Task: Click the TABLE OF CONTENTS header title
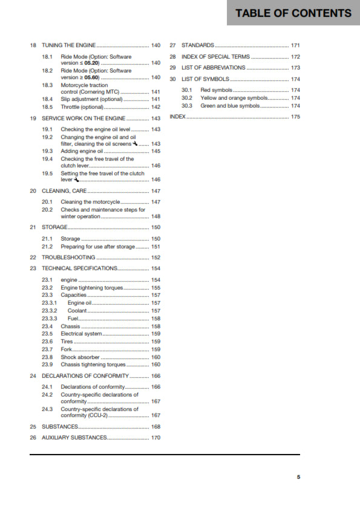click(x=293, y=13)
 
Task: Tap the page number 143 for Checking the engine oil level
click(x=155, y=130)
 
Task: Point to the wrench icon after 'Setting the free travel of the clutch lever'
click(x=76, y=180)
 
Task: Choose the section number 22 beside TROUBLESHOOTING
click(x=33, y=258)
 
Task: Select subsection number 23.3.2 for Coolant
click(x=49, y=311)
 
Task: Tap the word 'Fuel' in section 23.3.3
click(x=73, y=319)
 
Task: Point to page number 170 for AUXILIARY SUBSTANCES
click(x=155, y=437)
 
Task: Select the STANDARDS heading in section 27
click(x=197, y=45)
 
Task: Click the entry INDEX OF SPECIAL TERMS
click(x=215, y=57)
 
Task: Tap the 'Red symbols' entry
click(x=216, y=90)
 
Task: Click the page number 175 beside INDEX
click(x=295, y=117)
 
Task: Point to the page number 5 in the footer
click(x=298, y=477)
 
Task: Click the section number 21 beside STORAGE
click(x=33, y=227)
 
